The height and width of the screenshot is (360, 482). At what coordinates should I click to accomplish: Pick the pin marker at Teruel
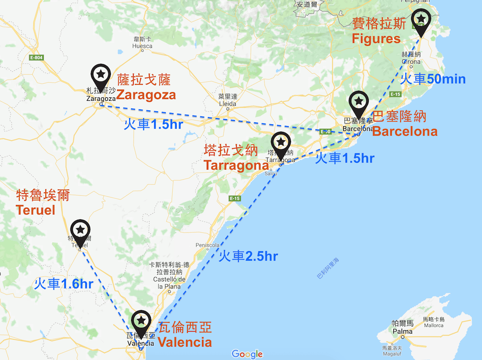(80, 230)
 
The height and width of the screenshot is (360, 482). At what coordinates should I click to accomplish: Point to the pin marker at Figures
(421, 20)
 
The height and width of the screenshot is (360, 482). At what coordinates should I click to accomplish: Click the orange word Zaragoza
(146, 95)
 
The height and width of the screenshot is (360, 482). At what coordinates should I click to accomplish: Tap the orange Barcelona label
(405, 131)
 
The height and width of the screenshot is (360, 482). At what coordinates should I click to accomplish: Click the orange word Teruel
(35, 210)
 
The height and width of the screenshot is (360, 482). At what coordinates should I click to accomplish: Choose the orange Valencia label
(185, 343)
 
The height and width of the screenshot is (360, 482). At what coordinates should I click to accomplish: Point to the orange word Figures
(376, 39)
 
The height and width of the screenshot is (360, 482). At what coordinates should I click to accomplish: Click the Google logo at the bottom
(247, 354)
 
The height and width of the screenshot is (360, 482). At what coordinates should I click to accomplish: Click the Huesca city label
(142, 46)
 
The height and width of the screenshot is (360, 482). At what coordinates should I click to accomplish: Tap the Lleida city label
(228, 104)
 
